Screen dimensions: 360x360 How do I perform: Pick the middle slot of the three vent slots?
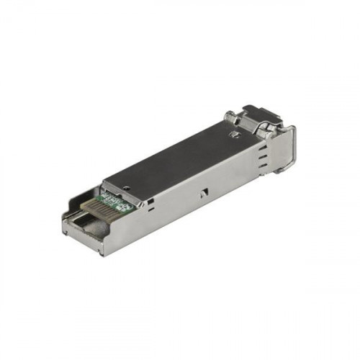click(x=263, y=162)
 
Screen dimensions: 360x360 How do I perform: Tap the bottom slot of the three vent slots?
click(x=263, y=171)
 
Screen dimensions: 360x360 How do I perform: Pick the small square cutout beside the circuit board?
click(x=147, y=203)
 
